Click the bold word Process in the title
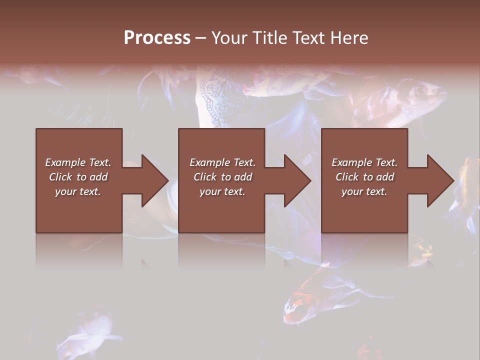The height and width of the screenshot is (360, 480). click(x=157, y=38)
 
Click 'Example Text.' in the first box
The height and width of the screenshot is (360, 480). click(x=78, y=162)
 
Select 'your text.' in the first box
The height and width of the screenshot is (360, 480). click(x=78, y=191)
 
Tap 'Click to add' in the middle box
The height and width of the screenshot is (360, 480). click(x=222, y=177)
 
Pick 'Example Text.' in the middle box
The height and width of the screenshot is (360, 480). click(x=222, y=162)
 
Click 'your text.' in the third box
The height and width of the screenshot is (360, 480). click(x=364, y=191)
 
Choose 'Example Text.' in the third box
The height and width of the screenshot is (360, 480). click(x=364, y=162)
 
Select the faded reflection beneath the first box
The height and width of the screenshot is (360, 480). click(x=79, y=250)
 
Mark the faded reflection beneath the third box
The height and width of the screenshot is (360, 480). click(x=364, y=250)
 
